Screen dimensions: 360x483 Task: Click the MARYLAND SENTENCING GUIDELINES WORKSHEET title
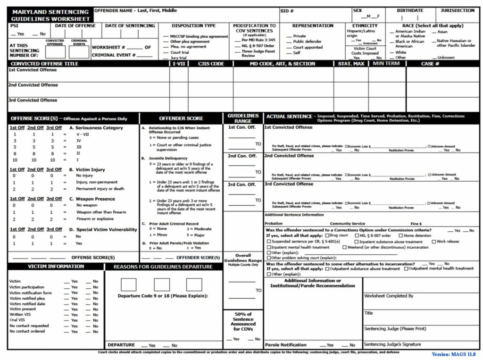[50, 15]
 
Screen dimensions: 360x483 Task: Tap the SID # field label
[287, 11]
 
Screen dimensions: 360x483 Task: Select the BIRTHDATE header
[409, 10]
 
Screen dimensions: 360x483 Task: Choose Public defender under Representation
[307, 42]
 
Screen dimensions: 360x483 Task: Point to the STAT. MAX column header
[350, 64]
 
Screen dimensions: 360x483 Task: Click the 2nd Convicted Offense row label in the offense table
[33, 85]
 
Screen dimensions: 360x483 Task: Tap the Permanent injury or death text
[100, 189]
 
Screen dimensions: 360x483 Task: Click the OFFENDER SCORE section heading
[181, 118]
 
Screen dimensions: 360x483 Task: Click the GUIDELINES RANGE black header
[243, 118]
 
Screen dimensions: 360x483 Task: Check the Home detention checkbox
[401, 235]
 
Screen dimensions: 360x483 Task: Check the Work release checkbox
[433, 241]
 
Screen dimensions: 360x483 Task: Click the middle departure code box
[162, 285]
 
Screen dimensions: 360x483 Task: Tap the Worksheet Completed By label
[389, 296]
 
